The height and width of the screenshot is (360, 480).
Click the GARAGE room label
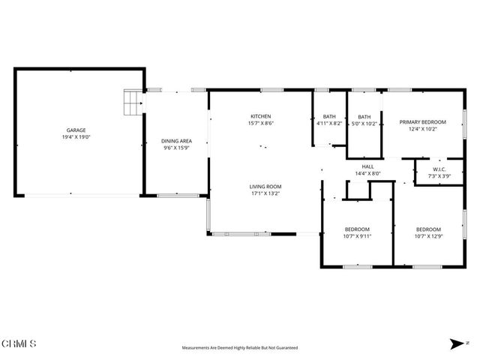(x=76, y=130)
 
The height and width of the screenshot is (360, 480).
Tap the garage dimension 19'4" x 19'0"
(x=76, y=137)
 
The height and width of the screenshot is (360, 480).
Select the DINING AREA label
(x=176, y=141)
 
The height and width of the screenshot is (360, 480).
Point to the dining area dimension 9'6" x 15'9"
(x=176, y=148)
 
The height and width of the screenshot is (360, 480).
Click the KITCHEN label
(x=260, y=116)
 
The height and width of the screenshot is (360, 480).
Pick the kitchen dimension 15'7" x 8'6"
(x=260, y=123)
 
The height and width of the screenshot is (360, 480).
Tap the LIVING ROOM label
(x=265, y=186)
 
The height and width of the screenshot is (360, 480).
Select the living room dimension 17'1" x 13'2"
(x=265, y=193)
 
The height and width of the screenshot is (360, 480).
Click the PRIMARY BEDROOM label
(x=422, y=122)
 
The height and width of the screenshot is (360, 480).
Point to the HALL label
(x=367, y=166)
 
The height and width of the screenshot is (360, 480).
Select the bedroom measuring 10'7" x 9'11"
(x=358, y=229)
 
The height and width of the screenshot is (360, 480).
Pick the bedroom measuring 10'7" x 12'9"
(x=428, y=229)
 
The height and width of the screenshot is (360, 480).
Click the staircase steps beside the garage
(x=133, y=103)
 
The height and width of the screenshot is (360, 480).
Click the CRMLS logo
(x=19, y=343)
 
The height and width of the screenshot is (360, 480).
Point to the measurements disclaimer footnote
(x=240, y=348)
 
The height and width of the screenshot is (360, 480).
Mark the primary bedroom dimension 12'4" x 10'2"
(x=422, y=130)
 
